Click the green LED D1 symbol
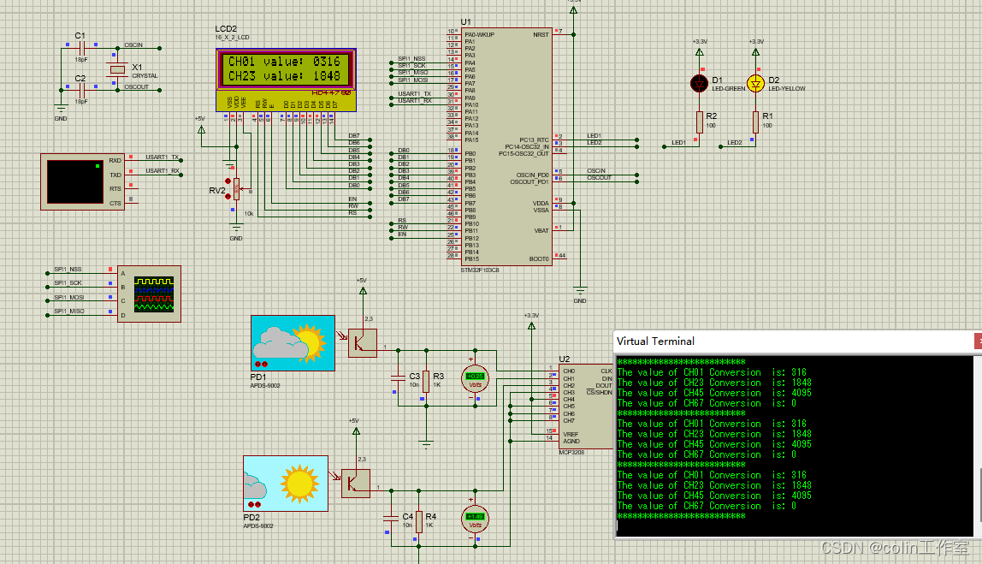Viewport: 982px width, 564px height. tap(699, 83)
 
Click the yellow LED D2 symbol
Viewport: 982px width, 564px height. tap(755, 83)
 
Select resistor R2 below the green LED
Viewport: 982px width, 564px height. tap(699, 122)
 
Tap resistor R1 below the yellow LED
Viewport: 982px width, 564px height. tap(755, 122)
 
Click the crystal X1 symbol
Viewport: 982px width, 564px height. tap(117, 69)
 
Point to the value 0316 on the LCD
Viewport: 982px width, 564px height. tap(326, 62)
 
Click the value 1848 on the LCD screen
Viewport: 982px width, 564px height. tap(326, 76)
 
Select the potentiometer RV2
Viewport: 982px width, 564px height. tap(236, 186)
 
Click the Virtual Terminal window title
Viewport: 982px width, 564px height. tap(655, 341)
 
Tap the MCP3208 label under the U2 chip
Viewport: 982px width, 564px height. tap(571, 451)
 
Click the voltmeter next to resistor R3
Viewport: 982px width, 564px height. tap(474, 377)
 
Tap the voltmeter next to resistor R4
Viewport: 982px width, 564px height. tap(474, 518)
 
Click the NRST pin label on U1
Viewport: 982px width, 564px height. tap(541, 35)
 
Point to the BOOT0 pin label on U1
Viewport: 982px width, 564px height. tap(539, 258)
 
